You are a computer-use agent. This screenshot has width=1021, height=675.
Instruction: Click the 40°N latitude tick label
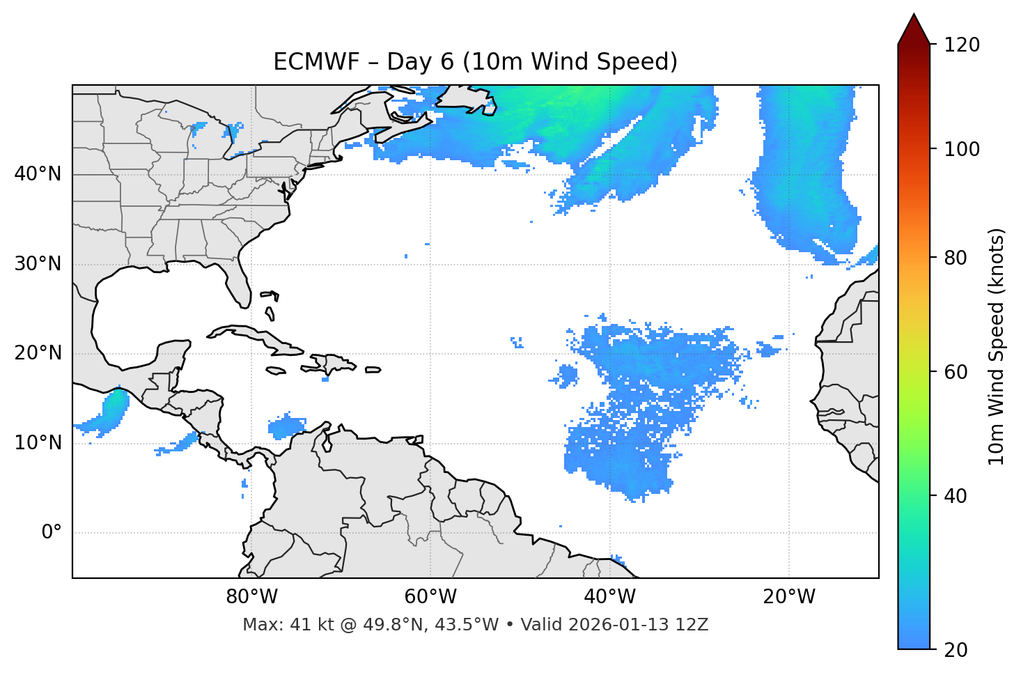point(38,174)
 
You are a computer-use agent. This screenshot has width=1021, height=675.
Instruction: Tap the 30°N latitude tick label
point(38,264)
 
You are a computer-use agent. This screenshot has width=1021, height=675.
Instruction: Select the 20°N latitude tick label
point(38,353)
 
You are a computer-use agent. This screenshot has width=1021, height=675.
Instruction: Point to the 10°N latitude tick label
point(38,443)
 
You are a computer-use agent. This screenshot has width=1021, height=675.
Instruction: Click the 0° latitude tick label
point(52,533)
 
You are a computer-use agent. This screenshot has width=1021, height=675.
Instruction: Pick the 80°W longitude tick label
point(251,597)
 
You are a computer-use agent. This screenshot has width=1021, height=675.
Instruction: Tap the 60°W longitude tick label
point(430,597)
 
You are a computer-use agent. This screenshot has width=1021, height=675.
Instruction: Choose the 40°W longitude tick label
point(609,597)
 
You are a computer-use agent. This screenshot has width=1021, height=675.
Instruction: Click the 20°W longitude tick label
point(789,597)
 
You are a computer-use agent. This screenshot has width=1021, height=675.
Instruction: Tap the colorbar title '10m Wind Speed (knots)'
point(997,346)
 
